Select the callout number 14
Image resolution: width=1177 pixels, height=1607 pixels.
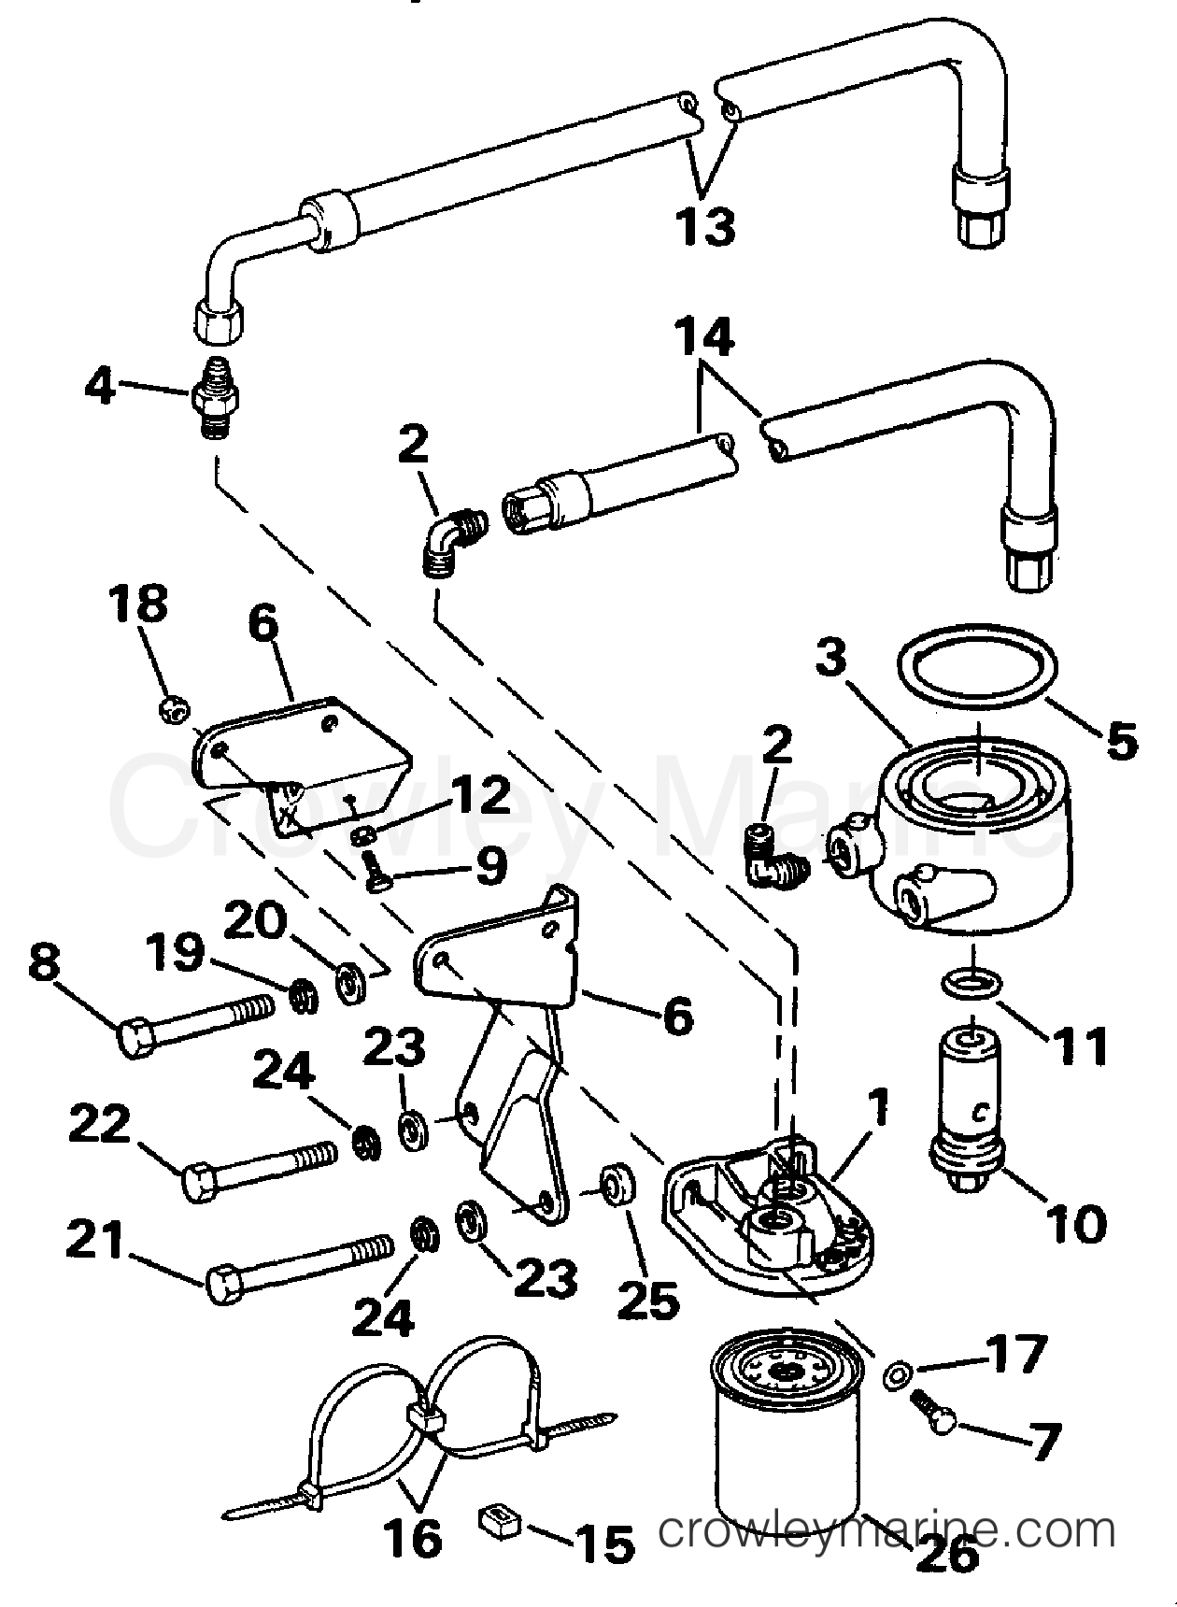coord(704,338)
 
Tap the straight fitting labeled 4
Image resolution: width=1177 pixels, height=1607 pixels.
coord(216,398)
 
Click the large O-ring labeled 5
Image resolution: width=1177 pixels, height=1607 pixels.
coord(977,671)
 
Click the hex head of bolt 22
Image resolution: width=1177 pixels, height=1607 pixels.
coord(202,1183)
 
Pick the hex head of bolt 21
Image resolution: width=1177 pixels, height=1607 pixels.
coord(224,1286)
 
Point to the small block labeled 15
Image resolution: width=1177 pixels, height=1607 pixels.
coord(498,1523)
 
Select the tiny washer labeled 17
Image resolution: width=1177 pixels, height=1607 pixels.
coord(898,1372)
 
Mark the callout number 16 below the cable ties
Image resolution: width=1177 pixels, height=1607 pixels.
coord(412,1536)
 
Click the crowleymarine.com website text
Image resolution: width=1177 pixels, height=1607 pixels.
coord(886,1533)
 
